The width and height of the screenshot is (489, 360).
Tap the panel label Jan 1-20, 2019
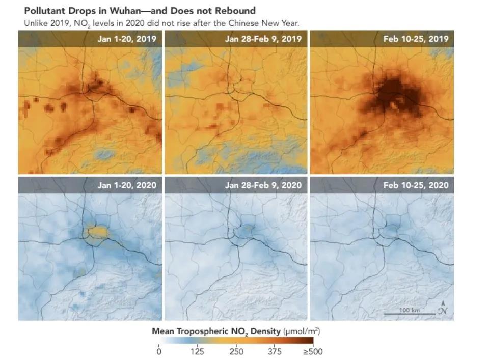(127, 39)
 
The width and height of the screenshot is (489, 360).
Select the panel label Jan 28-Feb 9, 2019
(263, 39)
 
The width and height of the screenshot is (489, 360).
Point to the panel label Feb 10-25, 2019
(416, 39)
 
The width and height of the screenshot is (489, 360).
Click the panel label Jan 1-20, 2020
(127, 185)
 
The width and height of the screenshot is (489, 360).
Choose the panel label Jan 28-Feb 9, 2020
(263, 185)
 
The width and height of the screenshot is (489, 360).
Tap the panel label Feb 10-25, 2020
(416, 185)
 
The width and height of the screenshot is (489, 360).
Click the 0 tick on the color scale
(159, 351)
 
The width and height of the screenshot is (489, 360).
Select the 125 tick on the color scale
(198, 351)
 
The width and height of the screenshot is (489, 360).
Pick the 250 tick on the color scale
(236, 351)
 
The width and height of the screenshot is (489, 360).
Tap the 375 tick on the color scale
(275, 351)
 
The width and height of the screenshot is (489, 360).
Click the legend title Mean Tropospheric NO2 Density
(216, 331)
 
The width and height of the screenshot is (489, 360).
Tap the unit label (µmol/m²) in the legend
(302, 331)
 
